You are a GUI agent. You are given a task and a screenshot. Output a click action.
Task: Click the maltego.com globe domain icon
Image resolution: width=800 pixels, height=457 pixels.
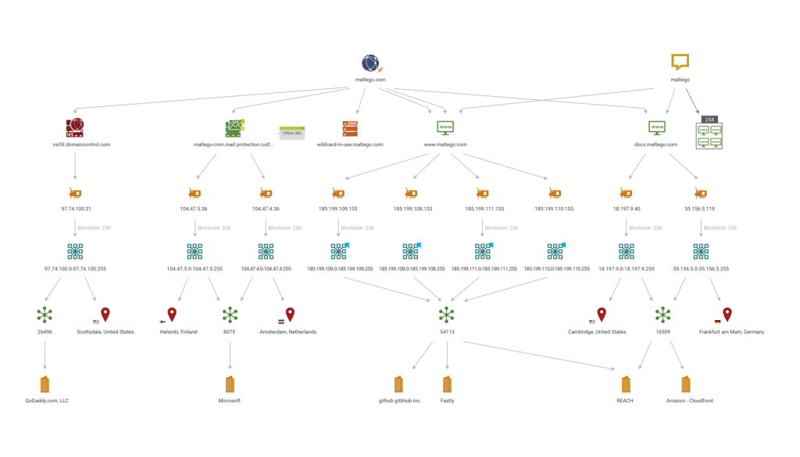click(370, 63)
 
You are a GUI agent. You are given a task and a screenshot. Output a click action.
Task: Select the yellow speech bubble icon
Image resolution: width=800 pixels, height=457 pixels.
click(680, 62)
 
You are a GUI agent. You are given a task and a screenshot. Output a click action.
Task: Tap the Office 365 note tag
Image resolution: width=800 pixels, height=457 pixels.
click(292, 133)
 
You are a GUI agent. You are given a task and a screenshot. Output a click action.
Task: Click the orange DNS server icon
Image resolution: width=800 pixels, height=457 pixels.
click(349, 128)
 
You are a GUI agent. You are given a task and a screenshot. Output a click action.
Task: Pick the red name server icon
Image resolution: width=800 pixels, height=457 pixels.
click(75, 127)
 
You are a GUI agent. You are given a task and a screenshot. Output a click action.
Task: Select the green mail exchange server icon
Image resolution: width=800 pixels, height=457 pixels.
click(234, 128)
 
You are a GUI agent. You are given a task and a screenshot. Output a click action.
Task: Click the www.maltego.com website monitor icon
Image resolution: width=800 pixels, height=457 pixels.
click(445, 127)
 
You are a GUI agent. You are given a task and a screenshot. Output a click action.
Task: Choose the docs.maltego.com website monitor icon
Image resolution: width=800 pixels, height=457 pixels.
click(656, 127)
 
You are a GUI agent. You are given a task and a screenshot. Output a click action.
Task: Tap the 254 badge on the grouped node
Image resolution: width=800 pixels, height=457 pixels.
click(709, 120)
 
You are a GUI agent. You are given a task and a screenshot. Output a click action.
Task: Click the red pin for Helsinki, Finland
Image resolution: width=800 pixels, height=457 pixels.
click(172, 314)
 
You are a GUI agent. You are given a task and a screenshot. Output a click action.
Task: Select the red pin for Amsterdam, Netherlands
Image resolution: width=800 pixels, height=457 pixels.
click(290, 314)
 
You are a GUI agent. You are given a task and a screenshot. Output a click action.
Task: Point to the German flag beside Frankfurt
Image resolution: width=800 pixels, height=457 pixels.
click(717, 321)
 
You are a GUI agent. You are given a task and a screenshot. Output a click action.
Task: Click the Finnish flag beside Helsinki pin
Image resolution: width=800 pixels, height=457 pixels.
click(162, 321)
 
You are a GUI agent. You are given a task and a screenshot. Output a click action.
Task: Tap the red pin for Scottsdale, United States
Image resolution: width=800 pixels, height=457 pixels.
click(105, 314)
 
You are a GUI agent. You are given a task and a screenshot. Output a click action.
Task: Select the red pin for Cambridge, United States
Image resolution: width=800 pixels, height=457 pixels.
click(602, 314)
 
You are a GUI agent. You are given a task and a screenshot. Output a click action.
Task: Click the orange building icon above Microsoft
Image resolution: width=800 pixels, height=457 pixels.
click(230, 384)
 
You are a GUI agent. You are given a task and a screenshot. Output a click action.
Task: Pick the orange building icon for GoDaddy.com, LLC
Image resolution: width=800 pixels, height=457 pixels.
click(45, 384)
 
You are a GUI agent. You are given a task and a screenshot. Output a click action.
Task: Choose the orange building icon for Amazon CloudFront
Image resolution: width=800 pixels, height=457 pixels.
click(685, 384)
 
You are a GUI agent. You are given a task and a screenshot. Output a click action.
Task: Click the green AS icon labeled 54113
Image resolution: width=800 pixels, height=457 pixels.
click(446, 314)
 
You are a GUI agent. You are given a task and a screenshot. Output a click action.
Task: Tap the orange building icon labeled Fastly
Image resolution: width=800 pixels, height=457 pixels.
click(447, 384)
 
